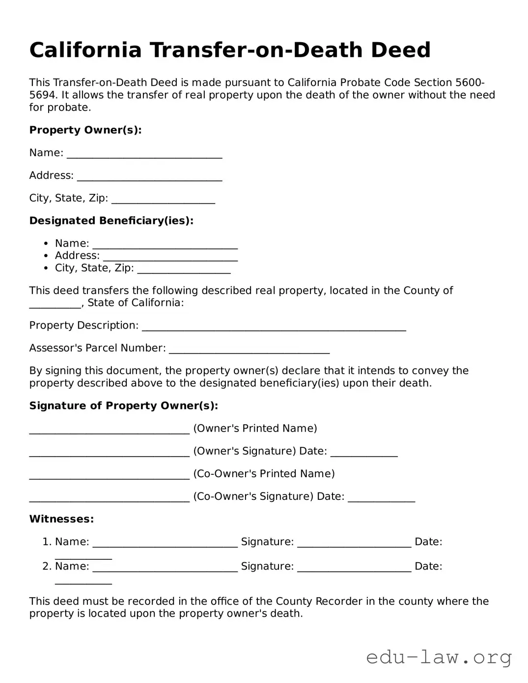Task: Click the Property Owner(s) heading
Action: (x=85, y=130)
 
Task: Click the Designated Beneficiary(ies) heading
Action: (x=111, y=221)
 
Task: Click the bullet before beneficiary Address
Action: (x=46, y=256)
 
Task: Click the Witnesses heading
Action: (x=61, y=519)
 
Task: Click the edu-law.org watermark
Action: (x=439, y=656)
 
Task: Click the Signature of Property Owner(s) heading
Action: (x=124, y=406)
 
